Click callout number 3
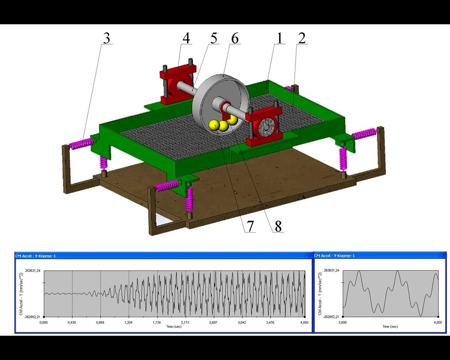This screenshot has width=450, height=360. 107,38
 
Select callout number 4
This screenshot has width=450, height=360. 186,38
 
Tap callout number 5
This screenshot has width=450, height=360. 214,38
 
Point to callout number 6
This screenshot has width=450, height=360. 235,38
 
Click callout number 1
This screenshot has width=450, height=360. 280,38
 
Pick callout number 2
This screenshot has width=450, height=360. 302,38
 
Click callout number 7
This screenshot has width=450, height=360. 250,226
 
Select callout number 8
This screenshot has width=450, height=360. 278,226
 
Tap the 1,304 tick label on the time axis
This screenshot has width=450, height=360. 128,322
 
